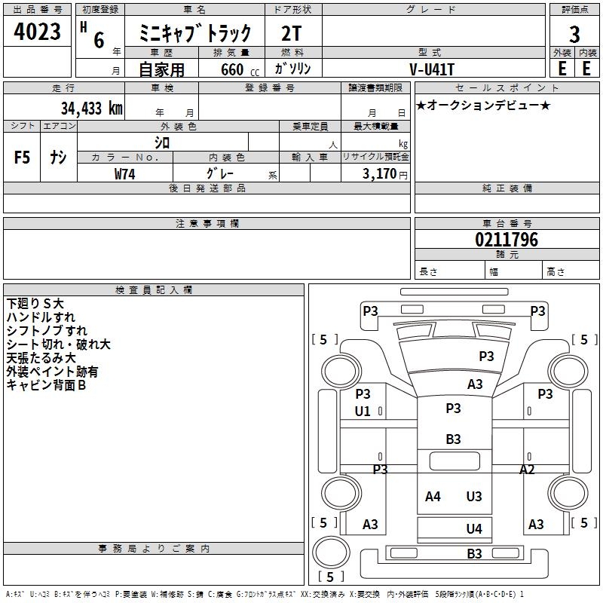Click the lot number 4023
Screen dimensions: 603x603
coord(38,33)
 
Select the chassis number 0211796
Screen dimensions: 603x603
coord(507,240)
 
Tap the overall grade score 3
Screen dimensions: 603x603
coord(574,34)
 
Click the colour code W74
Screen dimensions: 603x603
coord(125,173)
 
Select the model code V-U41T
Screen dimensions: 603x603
coord(432,69)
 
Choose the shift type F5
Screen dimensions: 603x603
coord(23,158)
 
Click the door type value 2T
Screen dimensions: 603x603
coord(292,34)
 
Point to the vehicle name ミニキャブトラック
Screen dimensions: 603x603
coord(195,34)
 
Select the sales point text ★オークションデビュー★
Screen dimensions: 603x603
coord(483,106)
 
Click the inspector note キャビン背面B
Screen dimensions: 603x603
coord(46,385)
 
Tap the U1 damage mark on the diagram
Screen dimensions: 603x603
coord(363,412)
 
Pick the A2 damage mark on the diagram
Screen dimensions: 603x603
coord(528,470)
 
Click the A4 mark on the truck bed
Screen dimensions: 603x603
coord(433,497)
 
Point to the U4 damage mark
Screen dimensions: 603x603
coord(474,529)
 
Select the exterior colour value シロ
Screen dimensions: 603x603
coord(162,142)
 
